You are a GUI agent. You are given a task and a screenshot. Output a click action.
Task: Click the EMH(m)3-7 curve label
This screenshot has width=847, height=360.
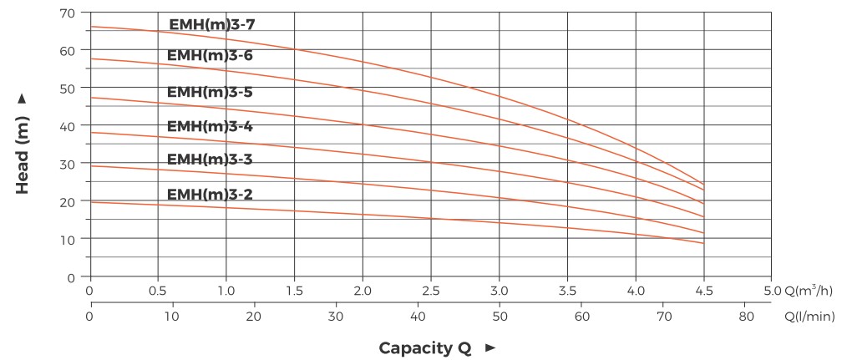click(x=211, y=24)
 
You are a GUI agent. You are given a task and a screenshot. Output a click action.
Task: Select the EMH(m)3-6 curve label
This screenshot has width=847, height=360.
click(x=210, y=56)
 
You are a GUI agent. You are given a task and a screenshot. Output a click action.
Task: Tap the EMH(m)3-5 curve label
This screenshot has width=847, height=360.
click(x=210, y=92)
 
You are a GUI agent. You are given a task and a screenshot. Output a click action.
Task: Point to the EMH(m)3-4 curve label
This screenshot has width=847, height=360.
click(x=210, y=126)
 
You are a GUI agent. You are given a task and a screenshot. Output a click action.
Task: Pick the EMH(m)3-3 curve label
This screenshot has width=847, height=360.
click(x=210, y=159)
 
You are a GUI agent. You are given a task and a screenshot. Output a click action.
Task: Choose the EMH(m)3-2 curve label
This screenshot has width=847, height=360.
click(x=210, y=195)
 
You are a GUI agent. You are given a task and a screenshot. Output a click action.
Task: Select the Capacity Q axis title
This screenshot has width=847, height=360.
click(x=425, y=347)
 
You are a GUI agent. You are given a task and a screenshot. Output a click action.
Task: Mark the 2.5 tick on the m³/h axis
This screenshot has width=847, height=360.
click(x=431, y=292)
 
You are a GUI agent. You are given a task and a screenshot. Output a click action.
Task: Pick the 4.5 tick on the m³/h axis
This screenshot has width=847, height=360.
click(x=704, y=292)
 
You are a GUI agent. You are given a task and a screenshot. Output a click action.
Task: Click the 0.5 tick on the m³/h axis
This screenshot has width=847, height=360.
click(x=158, y=292)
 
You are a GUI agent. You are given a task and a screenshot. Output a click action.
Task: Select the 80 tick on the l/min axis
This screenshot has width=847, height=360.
click(x=746, y=317)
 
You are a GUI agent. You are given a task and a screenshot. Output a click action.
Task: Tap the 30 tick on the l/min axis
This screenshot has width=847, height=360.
click(x=336, y=317)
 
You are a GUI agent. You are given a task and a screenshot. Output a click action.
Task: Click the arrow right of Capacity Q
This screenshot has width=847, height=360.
click(x=490, y=347)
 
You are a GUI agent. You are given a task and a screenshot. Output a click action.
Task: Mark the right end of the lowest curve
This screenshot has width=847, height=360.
click(x=704, y=243)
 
